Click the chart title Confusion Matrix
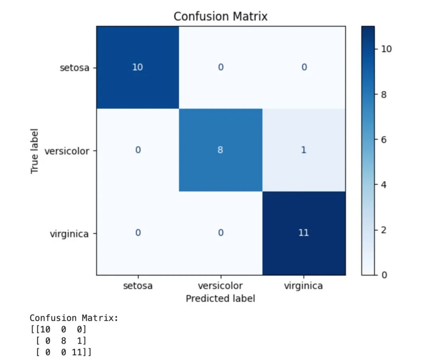(x=220, y=16)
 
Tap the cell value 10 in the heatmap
(x=137, y=67)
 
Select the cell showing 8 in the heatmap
(x=220, y=151)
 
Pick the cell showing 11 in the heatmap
(x=303, y=233)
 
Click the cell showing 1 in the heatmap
(x=303, y=151)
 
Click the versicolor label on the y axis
(x=67, y=151)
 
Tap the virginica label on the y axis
(x=69, y=234)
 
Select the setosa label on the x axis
(x=137, y=286)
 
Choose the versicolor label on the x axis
(x=220, y=286)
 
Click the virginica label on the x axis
(x=303, y=286)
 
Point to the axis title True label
(x=35, y=151)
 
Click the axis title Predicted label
(x=220, y=298)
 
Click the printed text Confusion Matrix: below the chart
(x=74, y=318)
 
